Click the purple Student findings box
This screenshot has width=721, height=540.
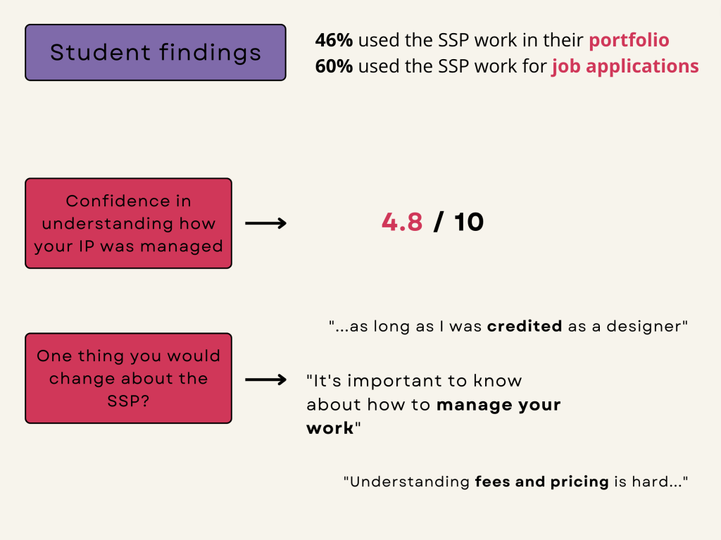(x=156, y=52)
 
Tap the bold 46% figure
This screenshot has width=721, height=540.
(x=334, y=40)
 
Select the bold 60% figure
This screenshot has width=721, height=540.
(x=334, y=66)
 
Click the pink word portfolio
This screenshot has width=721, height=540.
(x=629, y=41)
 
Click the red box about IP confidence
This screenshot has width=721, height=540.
(x=128, y=223)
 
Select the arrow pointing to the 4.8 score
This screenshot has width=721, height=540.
(x=265, y=223)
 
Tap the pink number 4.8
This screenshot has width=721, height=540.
(x=402, y=222)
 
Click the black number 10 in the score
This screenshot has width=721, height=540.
(x=468, y=222)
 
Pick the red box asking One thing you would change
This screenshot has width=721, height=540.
(x=128, y=378)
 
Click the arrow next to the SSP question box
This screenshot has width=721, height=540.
(x=265, y=379)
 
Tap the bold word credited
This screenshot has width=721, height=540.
(x=524, y=326)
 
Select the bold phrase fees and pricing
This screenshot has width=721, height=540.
(x=541, y=482)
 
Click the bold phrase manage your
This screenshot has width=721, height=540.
(x=499, y=405)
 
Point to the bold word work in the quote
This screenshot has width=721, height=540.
(x=330, y=428)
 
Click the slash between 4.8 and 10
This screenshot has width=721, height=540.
(x=438, y=222)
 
